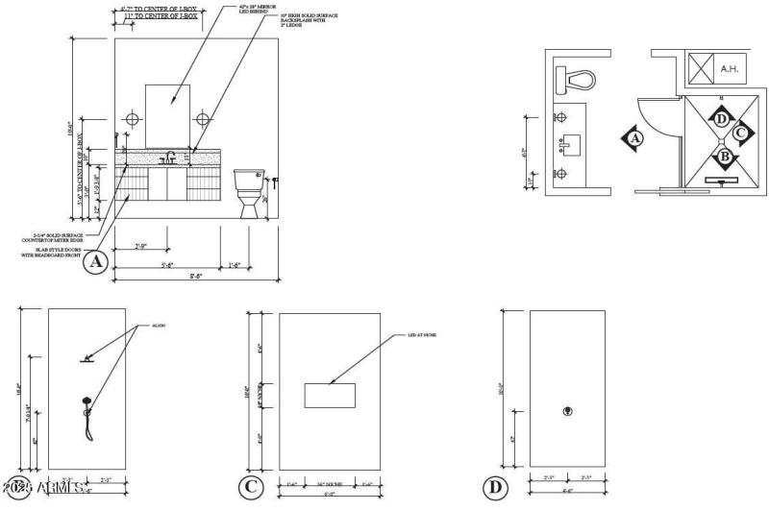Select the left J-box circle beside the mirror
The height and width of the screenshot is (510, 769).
(133, 119)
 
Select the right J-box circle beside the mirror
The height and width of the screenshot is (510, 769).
(203, 119)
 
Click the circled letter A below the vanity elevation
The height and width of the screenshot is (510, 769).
(95, 261)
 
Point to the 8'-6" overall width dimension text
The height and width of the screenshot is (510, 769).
(196, 276)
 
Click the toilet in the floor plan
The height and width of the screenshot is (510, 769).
(577, 79)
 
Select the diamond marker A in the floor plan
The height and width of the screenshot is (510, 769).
(633, 139)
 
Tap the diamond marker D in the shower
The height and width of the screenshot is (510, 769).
(722, 118)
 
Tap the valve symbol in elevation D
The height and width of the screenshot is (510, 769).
(567, 412)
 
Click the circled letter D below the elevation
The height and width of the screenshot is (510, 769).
(495, 488)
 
